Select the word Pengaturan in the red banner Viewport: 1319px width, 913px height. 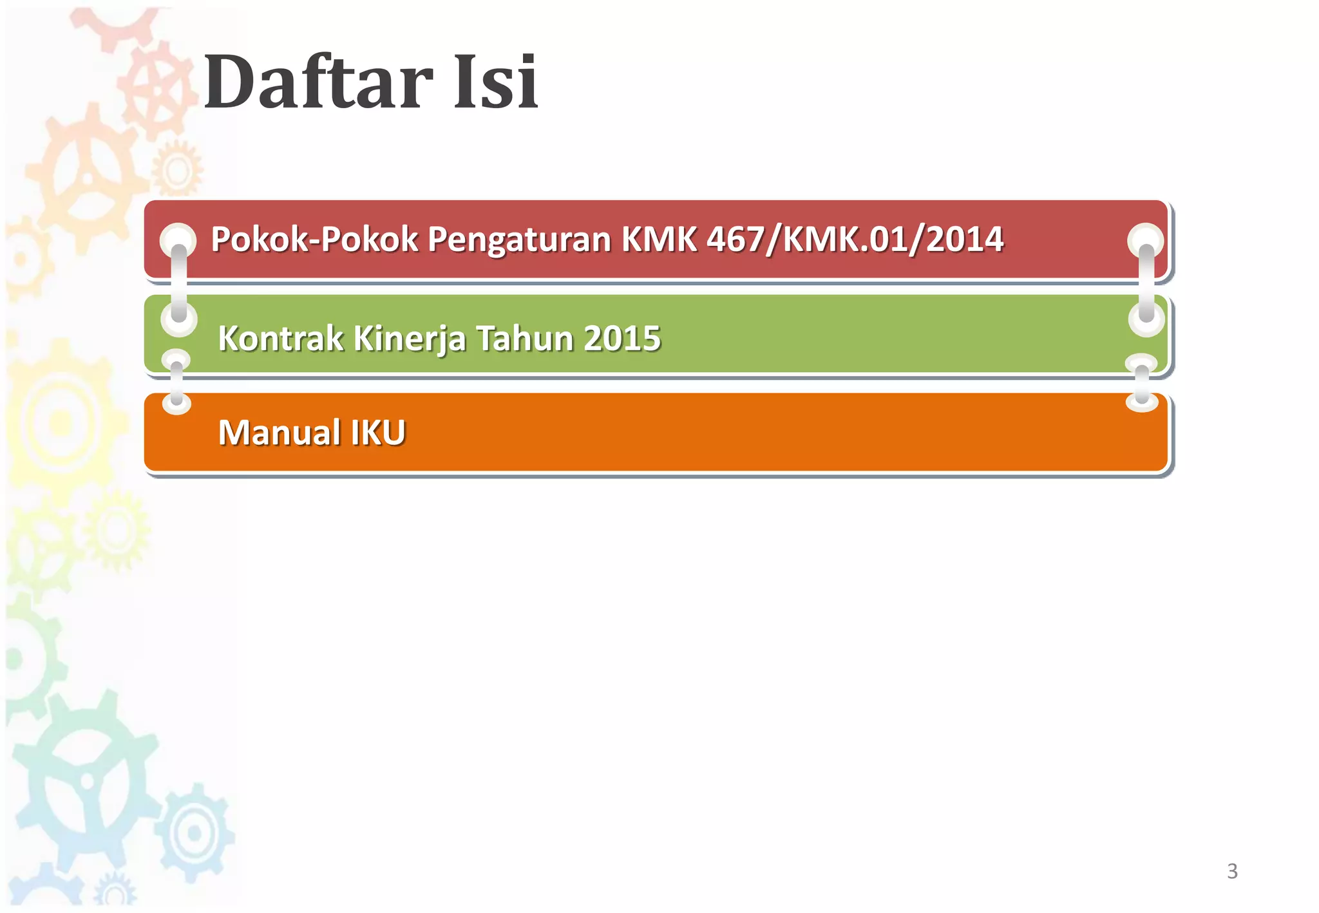point(519,240)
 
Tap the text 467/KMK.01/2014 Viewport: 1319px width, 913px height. point(855,240)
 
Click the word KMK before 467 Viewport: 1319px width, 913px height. point(659,240)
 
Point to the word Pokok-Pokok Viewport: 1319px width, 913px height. point(314,240)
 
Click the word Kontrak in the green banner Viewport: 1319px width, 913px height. point(280,338)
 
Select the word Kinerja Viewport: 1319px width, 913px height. point(409,338)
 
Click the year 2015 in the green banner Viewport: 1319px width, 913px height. point(622,338)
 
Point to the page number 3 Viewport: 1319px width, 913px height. point(1232,871)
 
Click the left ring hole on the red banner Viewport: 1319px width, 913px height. point(178,240)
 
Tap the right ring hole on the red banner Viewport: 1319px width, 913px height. point(1145,240)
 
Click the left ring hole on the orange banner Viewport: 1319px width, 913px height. point(176,404)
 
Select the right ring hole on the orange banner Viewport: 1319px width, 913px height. point(1142,402)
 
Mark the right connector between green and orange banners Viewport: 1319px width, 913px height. point(1142,383)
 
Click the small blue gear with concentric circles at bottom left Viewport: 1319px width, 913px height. point(193,833)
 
